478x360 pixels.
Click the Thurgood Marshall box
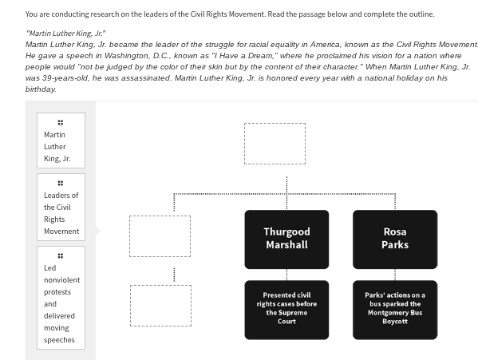pos(286,239)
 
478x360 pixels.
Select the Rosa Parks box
pos(394,239)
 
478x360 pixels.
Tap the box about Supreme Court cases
pos(286,309)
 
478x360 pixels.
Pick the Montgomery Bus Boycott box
pos(394,309)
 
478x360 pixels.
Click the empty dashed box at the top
pos(275,144)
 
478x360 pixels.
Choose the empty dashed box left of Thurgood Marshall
pos(160,236)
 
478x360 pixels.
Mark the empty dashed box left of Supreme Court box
pos(160,306)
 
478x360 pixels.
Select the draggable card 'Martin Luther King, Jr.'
pos(61,140)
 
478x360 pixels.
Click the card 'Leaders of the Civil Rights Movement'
pos(61,208)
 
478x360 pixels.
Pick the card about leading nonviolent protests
pos(61,297)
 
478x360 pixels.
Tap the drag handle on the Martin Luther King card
pos(61,122)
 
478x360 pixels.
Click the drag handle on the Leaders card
pos(61,183)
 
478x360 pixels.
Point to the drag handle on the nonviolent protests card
pos(61,255)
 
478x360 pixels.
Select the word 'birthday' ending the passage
pos(41,89)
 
